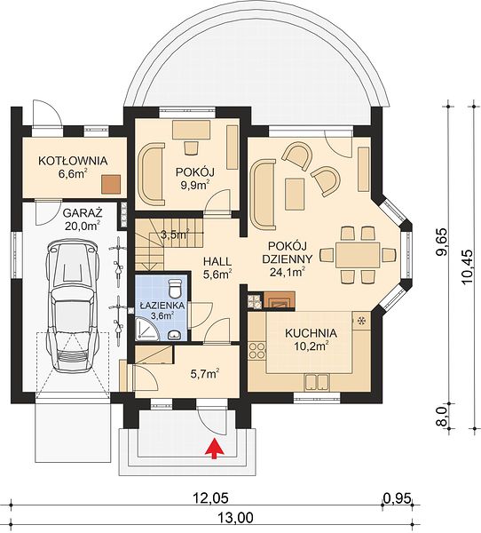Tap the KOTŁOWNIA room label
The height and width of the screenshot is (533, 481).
[x=73, y=161]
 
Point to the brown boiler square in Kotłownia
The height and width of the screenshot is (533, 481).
[x=111, y=185]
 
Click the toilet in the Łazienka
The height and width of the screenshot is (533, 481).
[x=176, y=288]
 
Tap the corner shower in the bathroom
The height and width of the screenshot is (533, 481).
[x=147, y=329]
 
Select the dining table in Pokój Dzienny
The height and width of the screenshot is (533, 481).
[x=358, y=255]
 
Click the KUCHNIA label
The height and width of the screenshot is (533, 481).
[x=311, y=333]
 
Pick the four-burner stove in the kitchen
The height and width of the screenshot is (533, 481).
[x=257, y=351]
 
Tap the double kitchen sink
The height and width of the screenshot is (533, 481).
[x=317, y=382]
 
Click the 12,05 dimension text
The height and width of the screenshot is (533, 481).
[x=210, y=498]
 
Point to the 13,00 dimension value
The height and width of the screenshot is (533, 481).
[x=236, y=518]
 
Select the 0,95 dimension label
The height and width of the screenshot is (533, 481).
[x=398, y=498]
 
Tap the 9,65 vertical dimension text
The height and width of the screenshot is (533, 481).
[x=442, y=243]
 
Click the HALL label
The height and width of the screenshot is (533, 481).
[x=217, y=261]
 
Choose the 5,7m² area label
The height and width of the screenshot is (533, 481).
[x=204, y=374]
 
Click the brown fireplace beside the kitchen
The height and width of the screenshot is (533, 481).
[x=279, y=300]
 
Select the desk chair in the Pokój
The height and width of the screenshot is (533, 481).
[x=191, y=147]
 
